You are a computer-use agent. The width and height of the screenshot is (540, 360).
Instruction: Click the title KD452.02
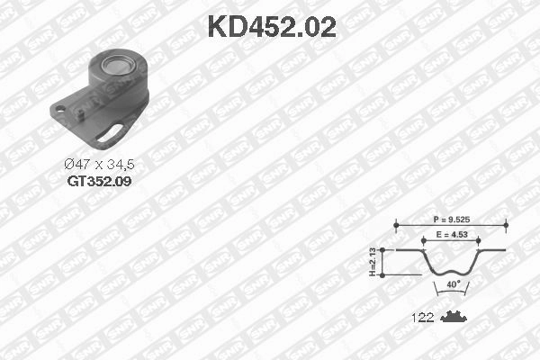[x=272, y=26]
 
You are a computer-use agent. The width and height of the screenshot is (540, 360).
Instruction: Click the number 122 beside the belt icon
[x=422, y=318]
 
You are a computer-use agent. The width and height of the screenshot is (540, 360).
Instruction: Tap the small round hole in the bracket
[x=60, y=112]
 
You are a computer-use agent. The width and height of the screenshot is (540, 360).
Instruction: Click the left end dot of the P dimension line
[x=395, y=225]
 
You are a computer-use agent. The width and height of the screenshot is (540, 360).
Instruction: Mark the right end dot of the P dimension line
[x=504, y=225]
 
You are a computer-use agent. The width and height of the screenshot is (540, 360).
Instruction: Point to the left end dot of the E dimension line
[x=425, y=241]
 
